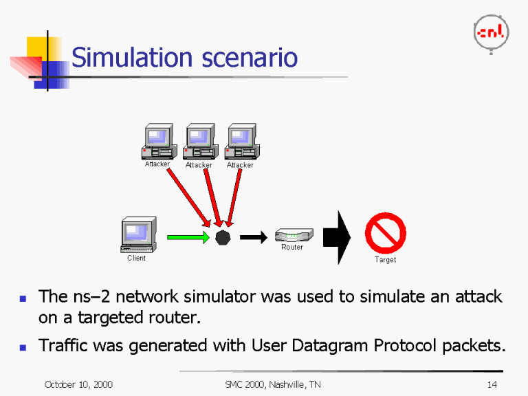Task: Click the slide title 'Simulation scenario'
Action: pos(184,57)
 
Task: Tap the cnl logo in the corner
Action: pos(491,32)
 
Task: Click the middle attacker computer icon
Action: pos(200,142)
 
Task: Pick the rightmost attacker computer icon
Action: pos(241,142)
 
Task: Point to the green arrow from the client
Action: pos(188,238)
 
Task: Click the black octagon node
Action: pos(222,238)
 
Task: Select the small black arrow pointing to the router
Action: pos(252,238)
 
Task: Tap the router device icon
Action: pos(294,235)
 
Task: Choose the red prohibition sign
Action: pos(385,233)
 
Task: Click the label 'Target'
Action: pos(385,260)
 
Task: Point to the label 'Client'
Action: pos(136,258)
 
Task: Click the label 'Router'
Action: pos(292,247)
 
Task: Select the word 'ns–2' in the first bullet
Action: pos(91,297)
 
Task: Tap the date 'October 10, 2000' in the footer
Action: pos(78,384)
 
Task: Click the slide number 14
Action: pos(492,384)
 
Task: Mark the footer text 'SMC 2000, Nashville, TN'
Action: pos(272,384)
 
